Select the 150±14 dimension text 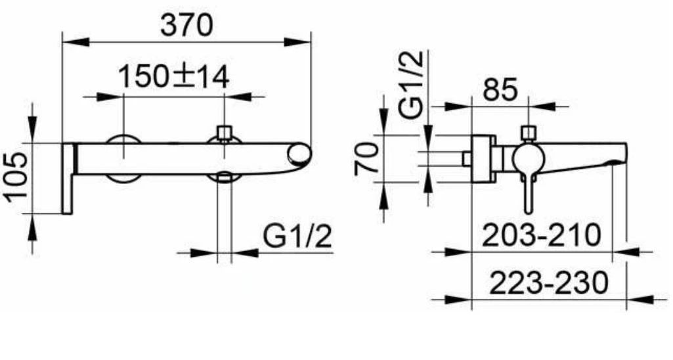click(174, 78)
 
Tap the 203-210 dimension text click(542, 235)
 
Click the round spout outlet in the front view click(299, 154)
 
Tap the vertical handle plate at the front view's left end click(67, 177)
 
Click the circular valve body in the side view click(527, 159)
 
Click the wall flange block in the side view click(483, 158)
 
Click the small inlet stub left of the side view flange click(466, 158)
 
